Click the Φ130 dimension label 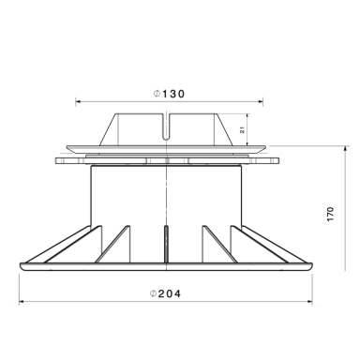pyautogui.click(x=169, y=94)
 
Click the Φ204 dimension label pyautogui.click(x=165, y=293)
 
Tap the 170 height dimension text pyautogui.click(x=331, y=214)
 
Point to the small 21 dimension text pyautogui.click(x=242, y=130)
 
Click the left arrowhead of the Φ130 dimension pyautogui.click(x=78, y=101)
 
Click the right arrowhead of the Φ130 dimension pyautogui.click(x=261, y=101)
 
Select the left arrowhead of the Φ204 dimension pyautogui.click(x=22, y=302)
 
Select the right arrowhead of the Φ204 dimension pyautogui.click(x=309, y=302)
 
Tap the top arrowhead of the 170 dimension pyautogui.click(x=345, y=148)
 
